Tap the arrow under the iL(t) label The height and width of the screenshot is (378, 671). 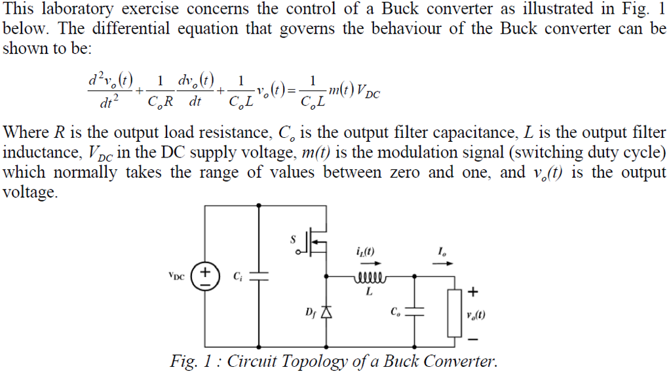tap(364, 264)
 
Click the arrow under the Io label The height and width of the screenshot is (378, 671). tap(444, 264)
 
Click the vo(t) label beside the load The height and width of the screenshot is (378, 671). tap(476, 315)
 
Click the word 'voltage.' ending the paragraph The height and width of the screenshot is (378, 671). tap(29, 193)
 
